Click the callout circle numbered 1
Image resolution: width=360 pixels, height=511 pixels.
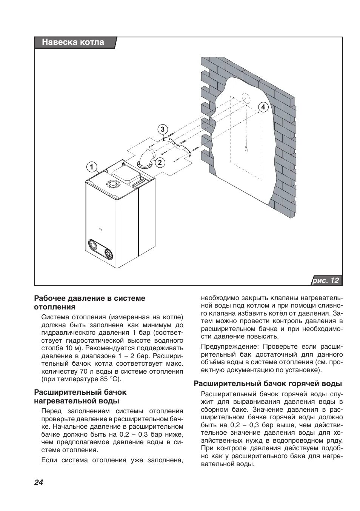tap(91, 166)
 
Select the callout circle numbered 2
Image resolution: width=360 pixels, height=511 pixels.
tap(160, 163)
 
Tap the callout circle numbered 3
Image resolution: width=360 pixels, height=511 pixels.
tap(162, 129)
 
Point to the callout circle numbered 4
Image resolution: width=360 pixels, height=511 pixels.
tap(263, 107)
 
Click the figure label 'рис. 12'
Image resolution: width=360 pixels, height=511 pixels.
tap(326, 280)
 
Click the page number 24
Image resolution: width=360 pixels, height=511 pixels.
tap(39, 482)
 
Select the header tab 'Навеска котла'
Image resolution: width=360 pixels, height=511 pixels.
tap(73, 42)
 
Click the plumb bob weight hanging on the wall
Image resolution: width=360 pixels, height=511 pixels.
tap(246, 149)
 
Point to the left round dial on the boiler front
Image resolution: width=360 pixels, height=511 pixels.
tap(94, 246)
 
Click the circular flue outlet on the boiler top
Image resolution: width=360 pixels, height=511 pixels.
tap(112, 185)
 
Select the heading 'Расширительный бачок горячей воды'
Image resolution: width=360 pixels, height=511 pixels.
tap(268, 384)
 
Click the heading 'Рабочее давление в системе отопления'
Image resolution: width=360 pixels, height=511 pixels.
tap(89, 302)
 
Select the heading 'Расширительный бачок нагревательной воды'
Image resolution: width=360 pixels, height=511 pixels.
tap(80, 396)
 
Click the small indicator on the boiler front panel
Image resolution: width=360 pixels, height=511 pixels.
tap(100, 229)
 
